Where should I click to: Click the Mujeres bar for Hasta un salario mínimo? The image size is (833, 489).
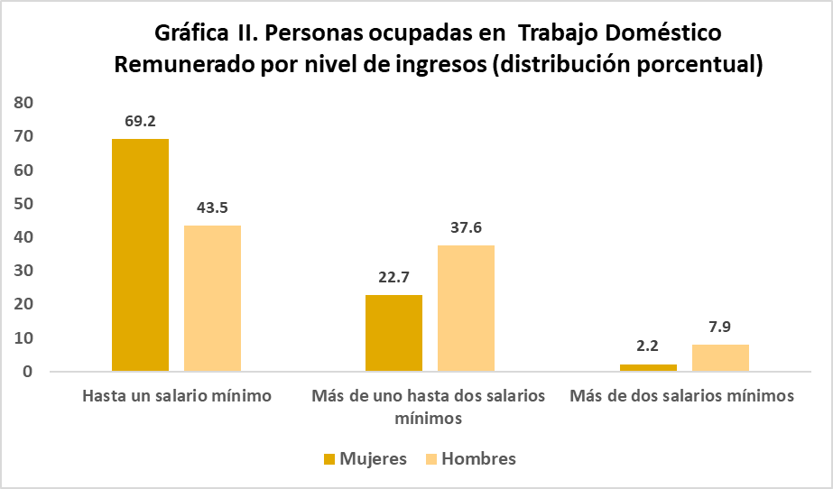click(x=140, y=254)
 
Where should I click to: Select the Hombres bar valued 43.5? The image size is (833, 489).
click(x=212, y=298)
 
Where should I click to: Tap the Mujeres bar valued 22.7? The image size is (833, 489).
click(x=393, y=333)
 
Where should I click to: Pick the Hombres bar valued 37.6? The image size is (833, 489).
click(x=466, y=308)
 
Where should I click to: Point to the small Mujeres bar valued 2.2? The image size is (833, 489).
click(x=648, y=367)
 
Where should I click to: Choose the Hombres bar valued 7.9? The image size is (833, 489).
click(x=720, y=357)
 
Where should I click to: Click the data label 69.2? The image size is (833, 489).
click(x=141, y=120)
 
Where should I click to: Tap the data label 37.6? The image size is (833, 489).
click(x=466, y=227)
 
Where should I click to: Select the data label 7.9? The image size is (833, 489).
click(x=720, y=327)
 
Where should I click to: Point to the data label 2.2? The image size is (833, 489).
click(x=648, y=346)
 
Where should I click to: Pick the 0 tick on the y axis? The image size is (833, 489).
click(x=28, y=372)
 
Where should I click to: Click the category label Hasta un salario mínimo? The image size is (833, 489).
click(x=177, y=396)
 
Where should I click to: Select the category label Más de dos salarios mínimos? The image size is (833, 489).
click(x=682, y=396)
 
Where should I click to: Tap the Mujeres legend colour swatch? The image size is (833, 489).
click(x=329, y=459)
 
